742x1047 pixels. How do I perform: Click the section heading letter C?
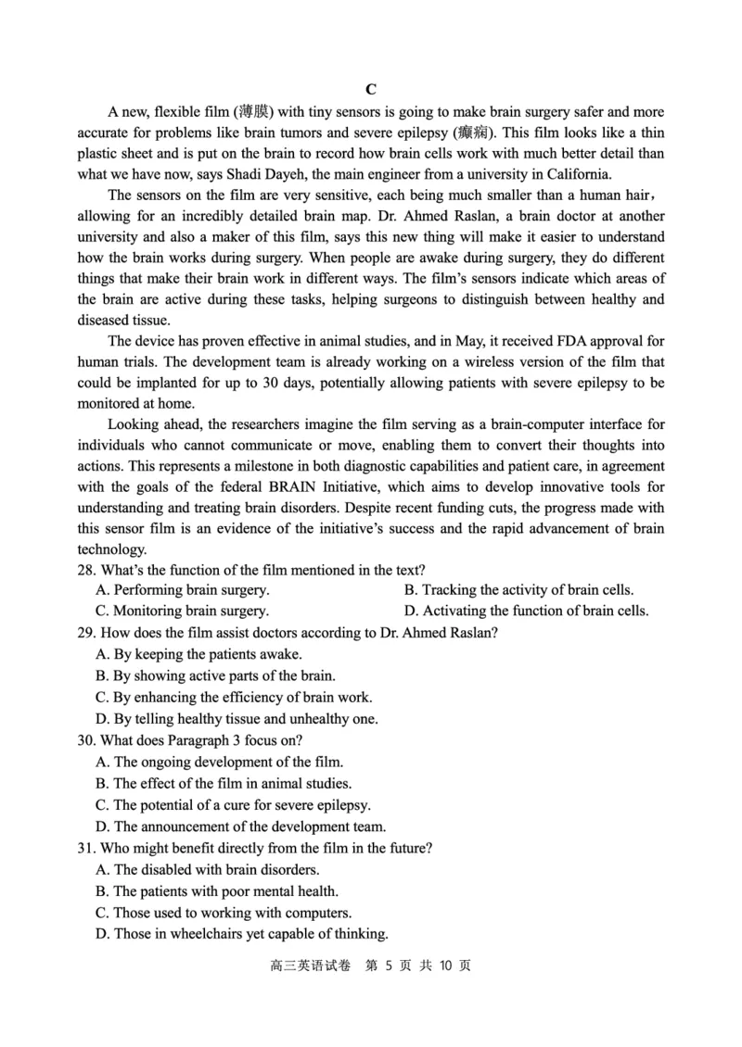click(370, 89)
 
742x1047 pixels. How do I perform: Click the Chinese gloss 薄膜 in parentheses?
click(255, 112)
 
